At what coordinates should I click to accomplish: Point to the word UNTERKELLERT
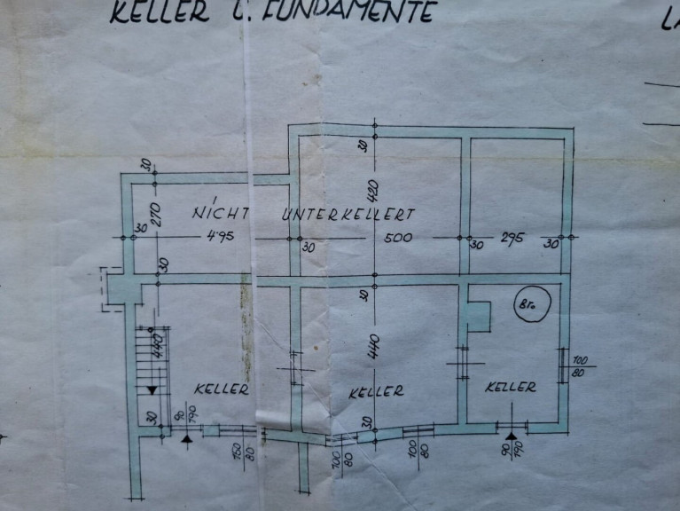349,215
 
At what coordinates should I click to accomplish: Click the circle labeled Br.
531,306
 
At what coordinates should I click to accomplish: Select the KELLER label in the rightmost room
512,387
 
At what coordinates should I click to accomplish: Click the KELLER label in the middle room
376,390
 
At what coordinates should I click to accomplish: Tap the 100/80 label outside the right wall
582,366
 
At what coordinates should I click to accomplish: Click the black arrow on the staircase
152,389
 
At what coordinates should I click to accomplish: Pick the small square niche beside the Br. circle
478,317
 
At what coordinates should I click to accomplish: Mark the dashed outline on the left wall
110,288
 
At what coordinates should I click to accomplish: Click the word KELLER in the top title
160,12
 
